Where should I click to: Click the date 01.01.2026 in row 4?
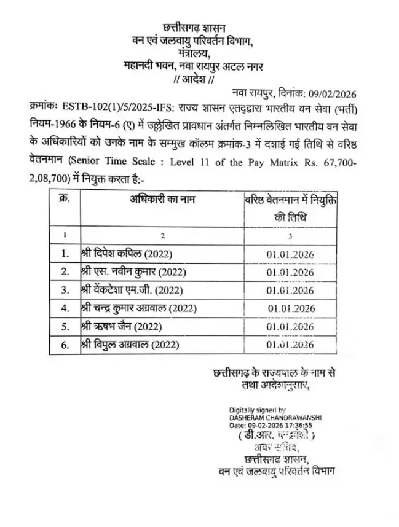291,308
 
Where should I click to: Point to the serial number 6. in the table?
65,345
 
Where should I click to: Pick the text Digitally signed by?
258,410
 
